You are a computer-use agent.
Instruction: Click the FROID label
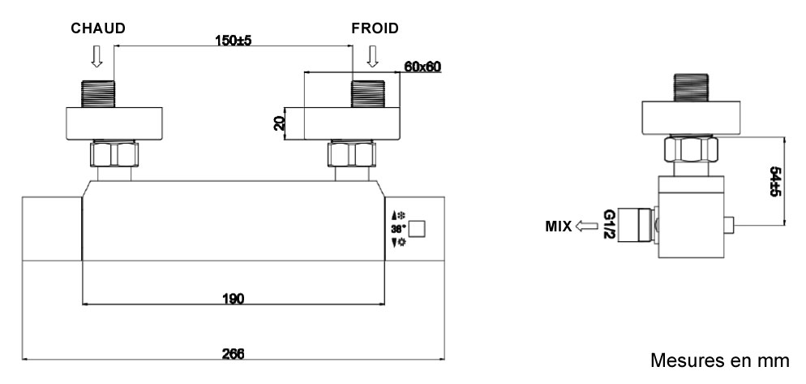[x=375, y=28]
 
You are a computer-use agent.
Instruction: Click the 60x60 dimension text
[x=421, y=67]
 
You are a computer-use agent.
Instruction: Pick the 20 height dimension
[x=279, y=123]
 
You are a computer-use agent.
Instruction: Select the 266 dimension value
[x=234, y=354]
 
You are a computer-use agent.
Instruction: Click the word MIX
[x=558, y=226]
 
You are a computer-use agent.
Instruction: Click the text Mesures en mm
[x=718, y=360]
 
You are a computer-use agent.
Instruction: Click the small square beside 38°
[x=417, y=229]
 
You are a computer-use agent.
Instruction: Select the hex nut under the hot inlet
[x=114, y=154]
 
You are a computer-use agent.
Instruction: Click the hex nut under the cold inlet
[x=351, y=154]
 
